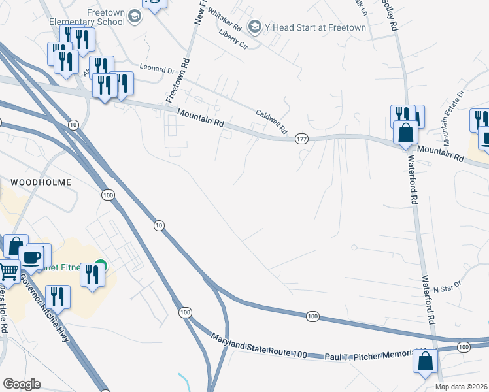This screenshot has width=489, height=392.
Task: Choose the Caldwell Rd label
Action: coord(271,122)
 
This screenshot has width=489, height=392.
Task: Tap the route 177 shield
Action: coord(301,139)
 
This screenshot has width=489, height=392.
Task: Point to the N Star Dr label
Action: coord(447,287)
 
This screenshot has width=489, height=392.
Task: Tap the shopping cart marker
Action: coord(8,270)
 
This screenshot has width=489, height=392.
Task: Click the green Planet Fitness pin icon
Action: coord(99,268)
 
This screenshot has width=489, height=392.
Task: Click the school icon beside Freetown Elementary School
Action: coord(135,16)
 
